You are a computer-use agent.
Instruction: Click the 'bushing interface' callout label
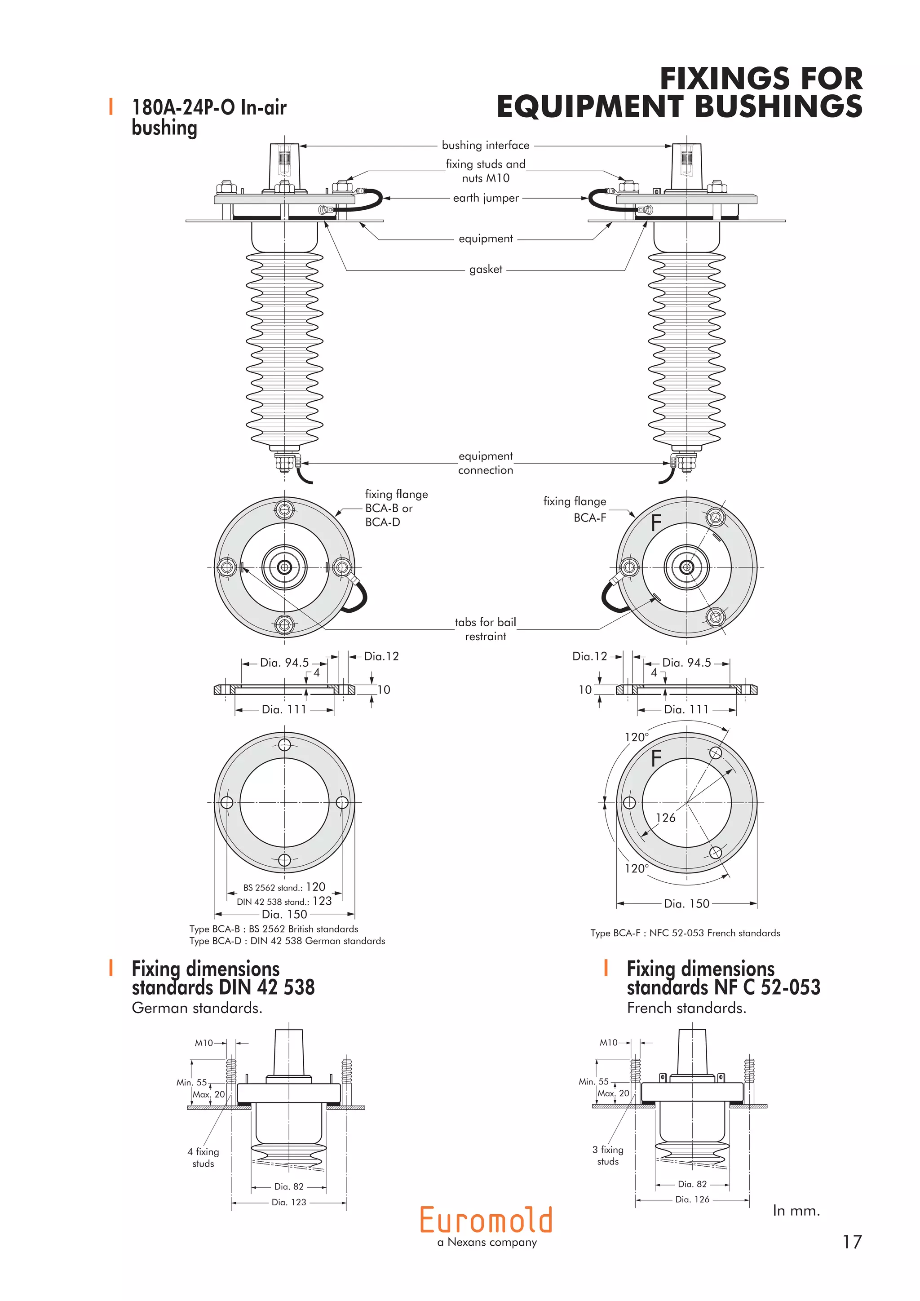point(486,145)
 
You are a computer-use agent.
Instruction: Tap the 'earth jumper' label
point(486,198)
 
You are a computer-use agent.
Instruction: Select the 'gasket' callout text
point(486,269)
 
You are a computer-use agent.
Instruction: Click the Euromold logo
point(486,1220)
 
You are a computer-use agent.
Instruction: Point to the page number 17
point(851,1242)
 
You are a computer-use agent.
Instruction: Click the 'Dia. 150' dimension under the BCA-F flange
point(686,903)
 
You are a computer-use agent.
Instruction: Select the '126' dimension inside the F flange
point(665,818)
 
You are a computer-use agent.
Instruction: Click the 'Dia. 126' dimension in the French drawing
point(692,1199)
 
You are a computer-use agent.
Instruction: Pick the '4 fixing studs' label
point(203,1157)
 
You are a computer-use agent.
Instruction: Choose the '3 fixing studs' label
point(608,1155)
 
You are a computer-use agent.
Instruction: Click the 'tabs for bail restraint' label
point(486,629)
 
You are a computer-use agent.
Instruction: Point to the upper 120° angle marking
point(636,737)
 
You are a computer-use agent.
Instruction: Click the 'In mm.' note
point(796,1210)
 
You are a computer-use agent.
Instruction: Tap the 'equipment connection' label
point(486,463)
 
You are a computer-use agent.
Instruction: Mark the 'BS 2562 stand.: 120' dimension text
point(284,887)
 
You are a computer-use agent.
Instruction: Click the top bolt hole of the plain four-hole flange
point(284,744)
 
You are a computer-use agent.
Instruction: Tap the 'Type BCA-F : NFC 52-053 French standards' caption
point(685,933)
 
